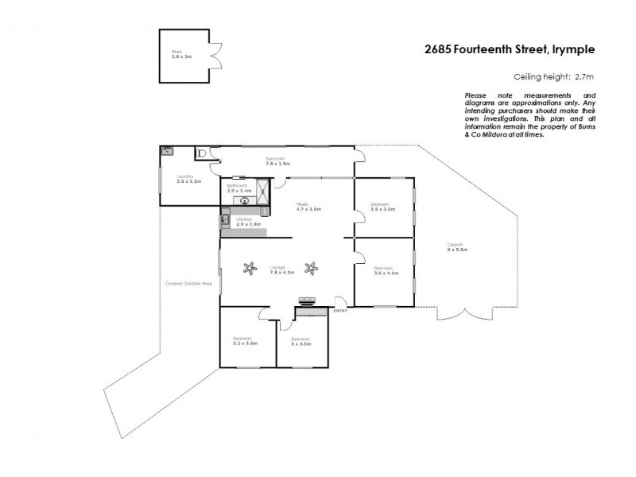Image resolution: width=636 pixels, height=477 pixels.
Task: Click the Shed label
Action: [176, 56]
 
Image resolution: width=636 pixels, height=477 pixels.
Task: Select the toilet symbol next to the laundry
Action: [202, 152]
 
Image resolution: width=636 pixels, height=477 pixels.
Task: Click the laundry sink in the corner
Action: [168, 151]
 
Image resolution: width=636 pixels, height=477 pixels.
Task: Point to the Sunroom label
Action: [276, 161]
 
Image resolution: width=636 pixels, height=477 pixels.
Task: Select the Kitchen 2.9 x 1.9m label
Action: [248, 221]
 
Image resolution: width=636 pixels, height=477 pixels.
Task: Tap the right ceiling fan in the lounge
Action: [312, 268]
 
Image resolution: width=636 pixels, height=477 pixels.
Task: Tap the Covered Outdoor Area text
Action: [188, 284]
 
